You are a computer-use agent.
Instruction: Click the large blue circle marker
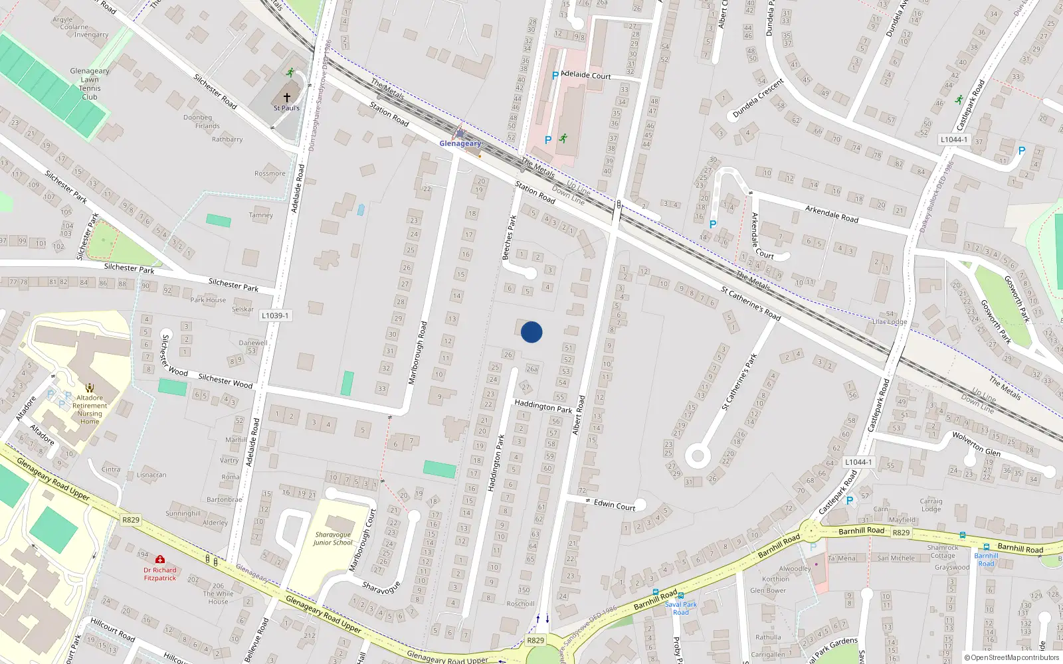click(x=531, y=332)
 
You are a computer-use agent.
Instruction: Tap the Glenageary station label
click(x=460, y=143)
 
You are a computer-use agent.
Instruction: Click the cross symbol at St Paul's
click(x=287, y=97)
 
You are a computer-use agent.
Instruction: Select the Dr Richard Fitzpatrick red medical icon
click(x=160, y=560)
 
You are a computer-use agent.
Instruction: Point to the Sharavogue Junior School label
click(x=333, y=539)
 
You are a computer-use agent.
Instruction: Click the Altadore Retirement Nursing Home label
click(x=90, y=409)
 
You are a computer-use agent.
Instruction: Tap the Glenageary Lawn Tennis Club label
click(x=90, y=84)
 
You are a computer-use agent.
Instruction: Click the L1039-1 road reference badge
click(x=274, y=316)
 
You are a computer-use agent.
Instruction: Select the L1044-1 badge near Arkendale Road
click(x=954, y=139)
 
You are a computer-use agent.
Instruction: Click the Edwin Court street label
click(x=615, y=505)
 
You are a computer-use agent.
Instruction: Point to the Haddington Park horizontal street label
click(x=543, y=406)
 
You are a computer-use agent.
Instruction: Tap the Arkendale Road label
click(x=831, y=214)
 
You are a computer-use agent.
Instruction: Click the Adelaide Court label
click(x=585, y=75)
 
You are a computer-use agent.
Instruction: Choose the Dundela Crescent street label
click(x=758, y=98)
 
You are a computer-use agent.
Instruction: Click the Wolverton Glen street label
click(x=976, y=443)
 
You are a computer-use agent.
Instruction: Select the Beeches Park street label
click(x=509, y=237)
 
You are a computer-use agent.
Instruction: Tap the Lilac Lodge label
click(x=889, y=322)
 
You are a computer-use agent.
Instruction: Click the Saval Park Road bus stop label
click(x=681, y=608)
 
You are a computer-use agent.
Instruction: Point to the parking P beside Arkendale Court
click(x=713, y=224)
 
